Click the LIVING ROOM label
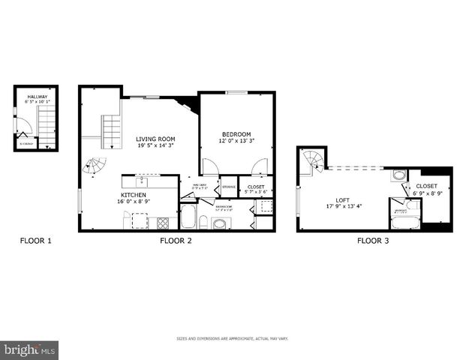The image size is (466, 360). click(155, 139)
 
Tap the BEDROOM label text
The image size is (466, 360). click(236, 134)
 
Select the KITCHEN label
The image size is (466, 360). click(133, 194)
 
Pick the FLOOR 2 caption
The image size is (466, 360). click(176, 241)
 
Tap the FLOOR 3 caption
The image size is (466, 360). click(373, 241)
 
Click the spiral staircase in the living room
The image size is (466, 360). click(95, 166)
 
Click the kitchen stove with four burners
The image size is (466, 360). click(162, 222)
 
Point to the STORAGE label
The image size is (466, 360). click(229, 187)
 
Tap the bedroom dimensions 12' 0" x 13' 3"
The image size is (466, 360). click(236, 141)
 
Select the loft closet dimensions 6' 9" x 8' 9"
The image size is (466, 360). click(426, 193)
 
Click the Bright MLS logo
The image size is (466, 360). click(30, 349)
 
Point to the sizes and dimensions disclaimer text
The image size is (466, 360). click(233, 339)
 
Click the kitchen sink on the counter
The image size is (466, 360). click(140, 181)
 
